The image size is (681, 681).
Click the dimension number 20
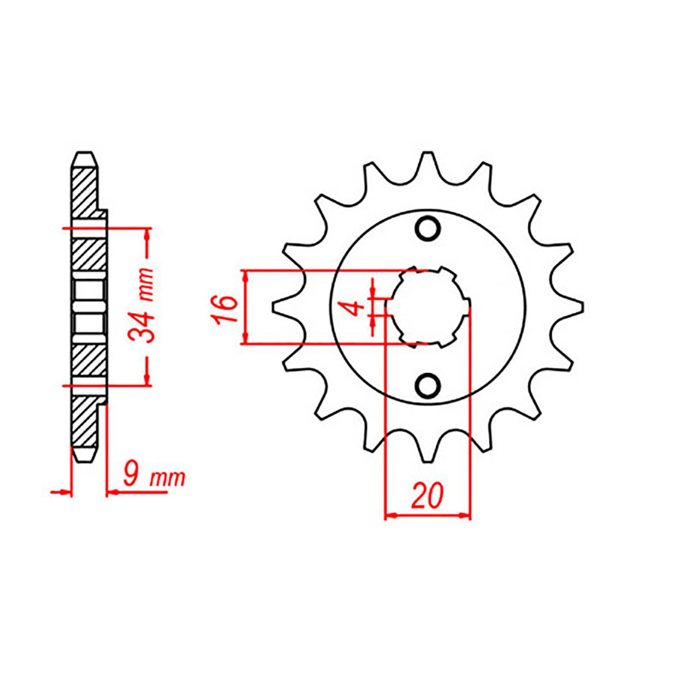[x=427, y=496]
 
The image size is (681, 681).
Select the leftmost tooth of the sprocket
[x=279, y=307]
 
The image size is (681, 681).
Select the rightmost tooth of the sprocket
[x=576, y=307]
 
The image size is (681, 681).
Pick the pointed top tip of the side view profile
[x=84, y=153]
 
